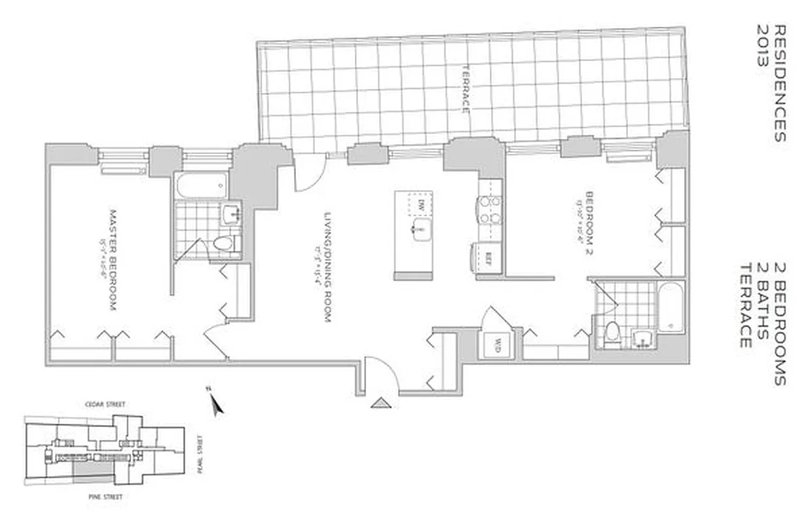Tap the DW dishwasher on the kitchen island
pyautogui.click(x=422, y=204)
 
